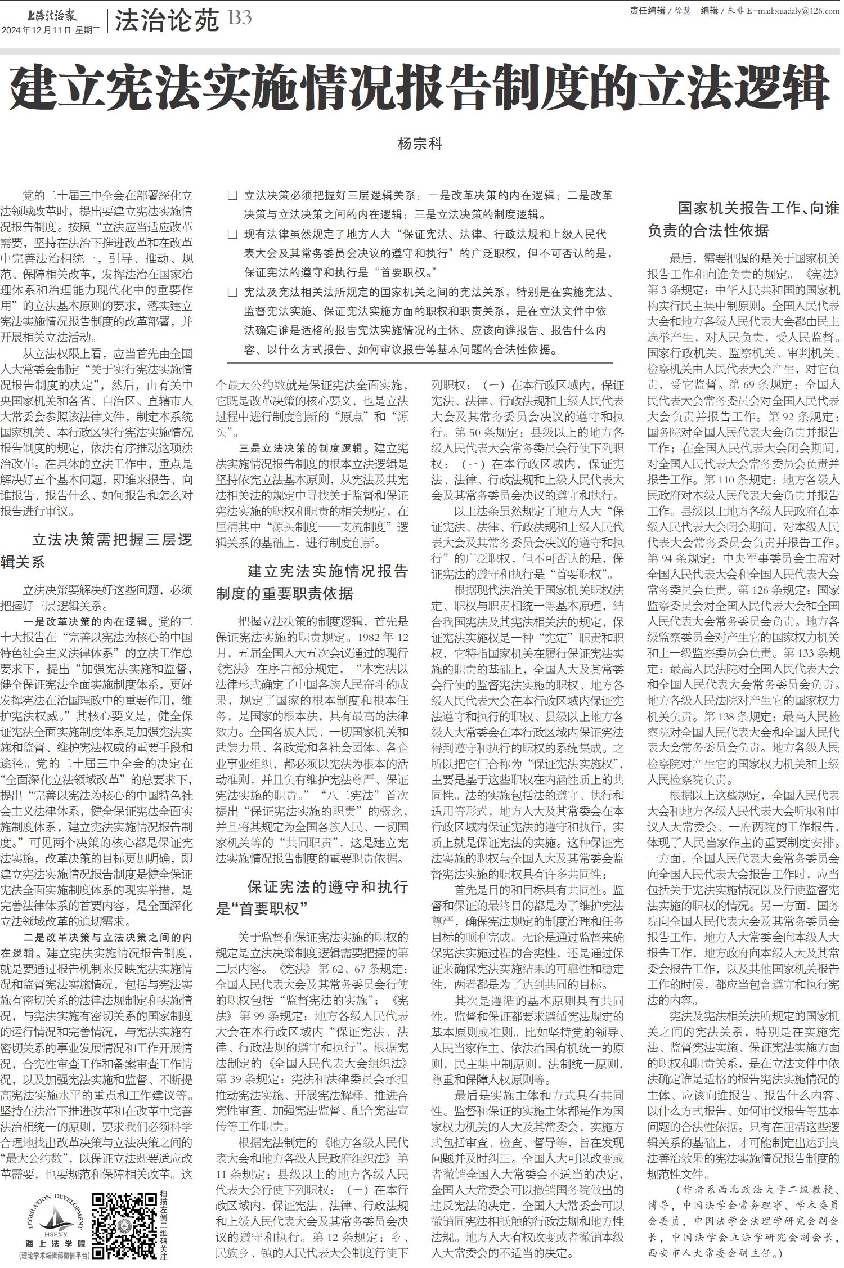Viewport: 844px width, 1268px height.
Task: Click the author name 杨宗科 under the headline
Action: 420,144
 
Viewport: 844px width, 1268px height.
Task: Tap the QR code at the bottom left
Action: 123,1225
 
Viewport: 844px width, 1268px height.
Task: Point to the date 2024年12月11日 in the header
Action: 37,30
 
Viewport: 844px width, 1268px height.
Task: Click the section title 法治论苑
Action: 167,21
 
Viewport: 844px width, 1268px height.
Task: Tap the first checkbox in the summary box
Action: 232,196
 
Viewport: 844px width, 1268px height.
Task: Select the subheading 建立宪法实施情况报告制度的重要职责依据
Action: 312,582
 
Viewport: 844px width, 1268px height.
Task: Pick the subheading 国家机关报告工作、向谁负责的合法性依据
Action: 743,219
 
